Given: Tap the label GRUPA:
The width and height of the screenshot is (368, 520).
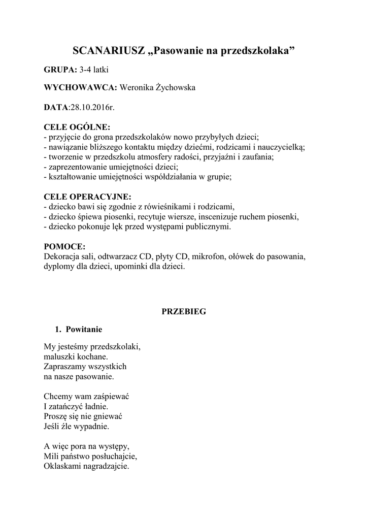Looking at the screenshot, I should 61,69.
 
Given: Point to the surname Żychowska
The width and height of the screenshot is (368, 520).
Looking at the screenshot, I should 171,88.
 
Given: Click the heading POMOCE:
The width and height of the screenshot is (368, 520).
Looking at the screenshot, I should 65,246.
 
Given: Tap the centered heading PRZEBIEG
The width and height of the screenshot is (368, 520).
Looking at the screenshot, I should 184,312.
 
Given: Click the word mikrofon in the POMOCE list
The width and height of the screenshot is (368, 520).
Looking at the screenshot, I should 209,256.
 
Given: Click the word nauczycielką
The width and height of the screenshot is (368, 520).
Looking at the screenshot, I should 280,146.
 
